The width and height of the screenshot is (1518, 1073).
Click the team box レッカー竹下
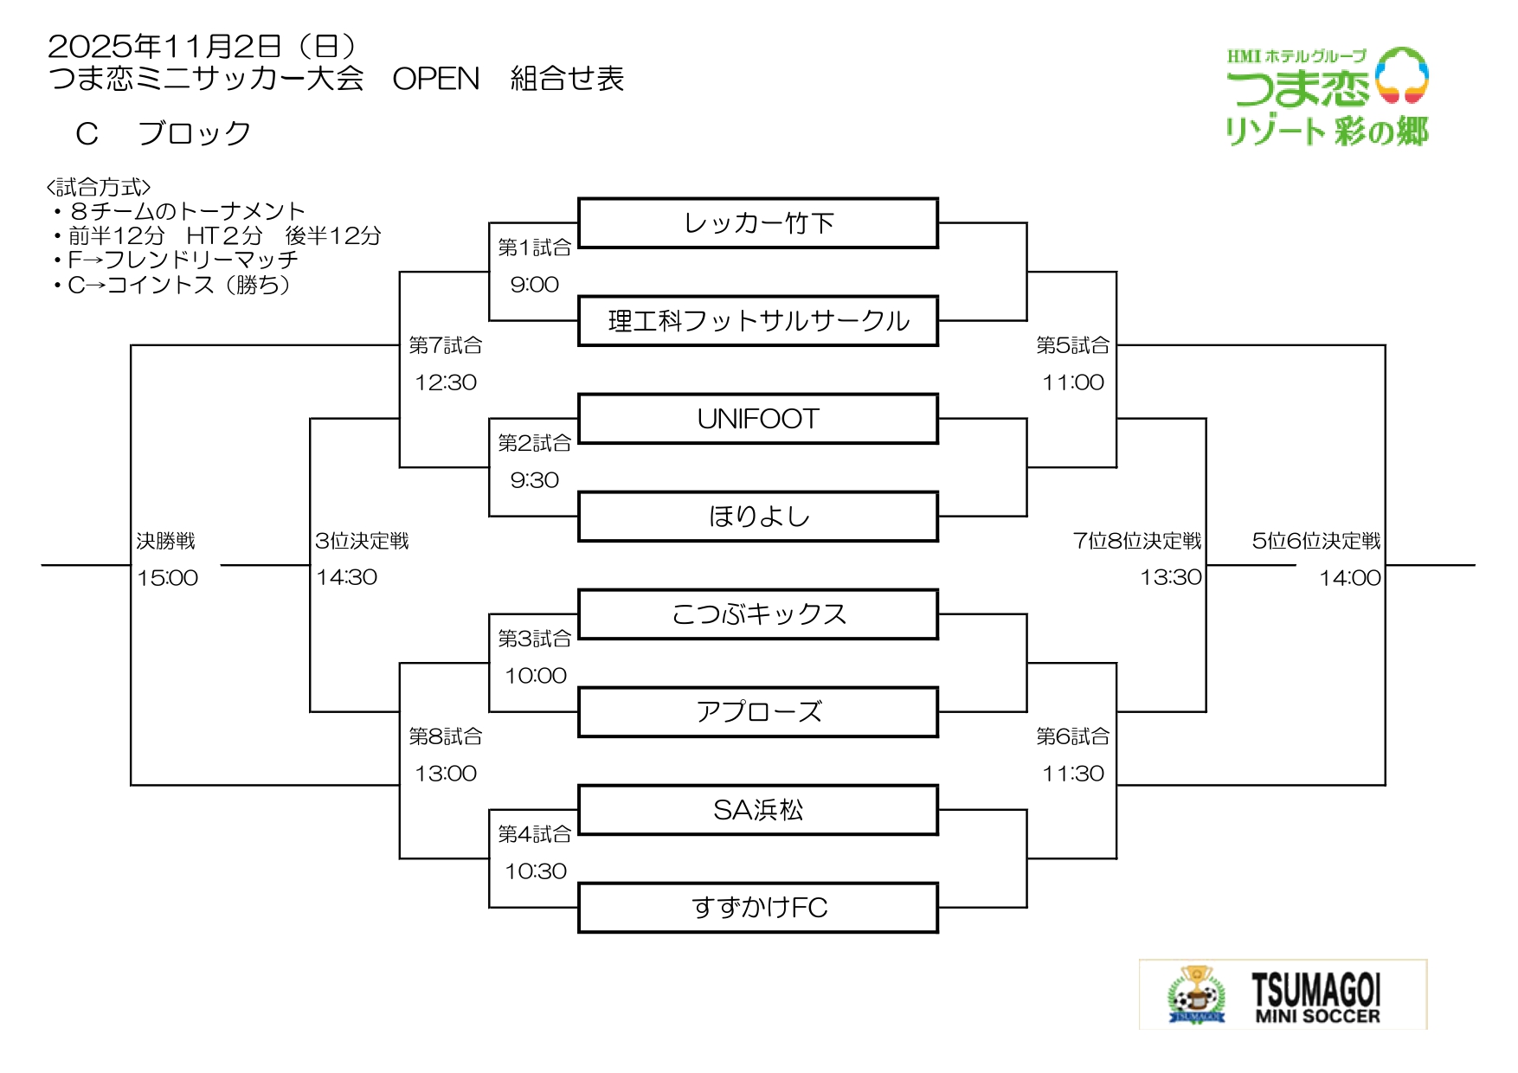(x=758, y=223)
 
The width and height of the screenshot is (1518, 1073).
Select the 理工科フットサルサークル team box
(x=758, y=321)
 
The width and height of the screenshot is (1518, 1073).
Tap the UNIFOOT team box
(x=758, y=419)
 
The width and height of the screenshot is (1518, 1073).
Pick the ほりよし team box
(x=758, y=517)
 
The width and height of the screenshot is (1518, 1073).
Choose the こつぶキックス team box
(x=758, y=614)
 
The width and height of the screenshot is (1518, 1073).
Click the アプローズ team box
(x=758, y=712)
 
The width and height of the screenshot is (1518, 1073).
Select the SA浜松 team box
(x=758, y=810)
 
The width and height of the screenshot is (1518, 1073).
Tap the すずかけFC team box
(x=758, y=908)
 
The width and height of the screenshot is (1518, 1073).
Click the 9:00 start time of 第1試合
(x=534, y=285)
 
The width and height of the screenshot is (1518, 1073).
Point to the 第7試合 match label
(x=445, y=345)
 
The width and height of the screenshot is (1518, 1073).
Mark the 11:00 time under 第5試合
(x=1073, y=382)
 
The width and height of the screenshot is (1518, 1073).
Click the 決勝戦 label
(x=165, y=541)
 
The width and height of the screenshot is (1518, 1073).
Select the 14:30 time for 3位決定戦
(x=346, y=577)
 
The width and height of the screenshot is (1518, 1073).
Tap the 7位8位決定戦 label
(x=1137, y=541)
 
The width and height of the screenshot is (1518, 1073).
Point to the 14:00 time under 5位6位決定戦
(x=1349, y=578)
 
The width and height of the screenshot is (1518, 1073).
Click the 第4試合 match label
(x=534, y=834)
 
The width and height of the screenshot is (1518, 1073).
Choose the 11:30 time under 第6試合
(x=1073, y=774)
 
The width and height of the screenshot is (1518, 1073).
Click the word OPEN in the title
(x=435, y=79)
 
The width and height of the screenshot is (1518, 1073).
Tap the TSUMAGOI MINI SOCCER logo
(x=1283, y=994)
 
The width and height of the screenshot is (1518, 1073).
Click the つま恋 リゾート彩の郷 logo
(x=1327, y=96)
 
